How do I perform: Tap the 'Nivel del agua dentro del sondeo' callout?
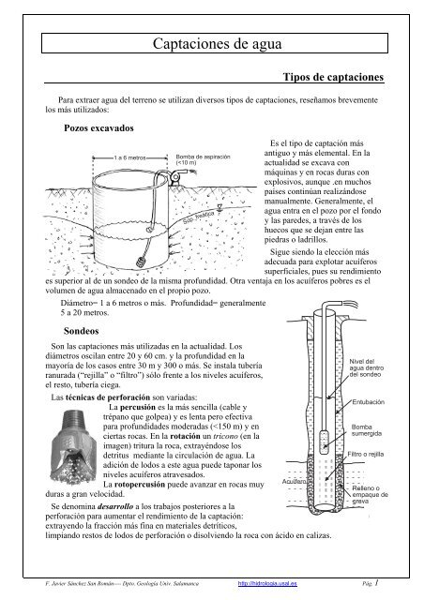[x=361, y=370]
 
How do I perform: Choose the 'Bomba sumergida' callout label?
[x=364, y=429]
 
